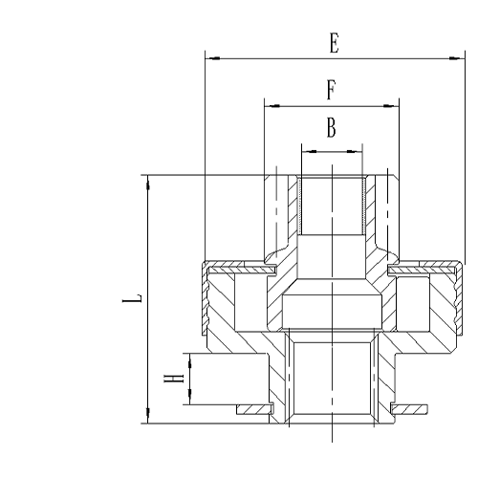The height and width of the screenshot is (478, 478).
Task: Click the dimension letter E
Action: pyautogui.click(x=333, y=43)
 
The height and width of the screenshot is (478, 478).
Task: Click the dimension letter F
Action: pyautogui.click(x=331, y=90)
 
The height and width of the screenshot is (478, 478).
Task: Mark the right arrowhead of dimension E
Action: pyautogui.click(x=457, y=58)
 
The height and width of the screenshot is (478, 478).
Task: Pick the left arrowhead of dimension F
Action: pyautogui.click(x=270, y=104)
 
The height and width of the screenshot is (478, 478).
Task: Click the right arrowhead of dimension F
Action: pyautogui.click(x=393, y=104)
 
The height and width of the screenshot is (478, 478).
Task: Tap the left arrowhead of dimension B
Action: pyautogui.click(x=305, y=149)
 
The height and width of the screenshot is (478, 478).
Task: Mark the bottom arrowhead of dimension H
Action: pyautogui.click(x=190, y=398)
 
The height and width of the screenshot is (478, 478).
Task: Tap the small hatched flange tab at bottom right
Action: pyautogui.click(x=412, y=409)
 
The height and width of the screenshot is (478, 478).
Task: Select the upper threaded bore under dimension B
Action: pyautogui.click(x=331, y=206)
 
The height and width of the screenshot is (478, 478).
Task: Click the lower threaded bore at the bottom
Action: pyautogui.click(x=331, y=382)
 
